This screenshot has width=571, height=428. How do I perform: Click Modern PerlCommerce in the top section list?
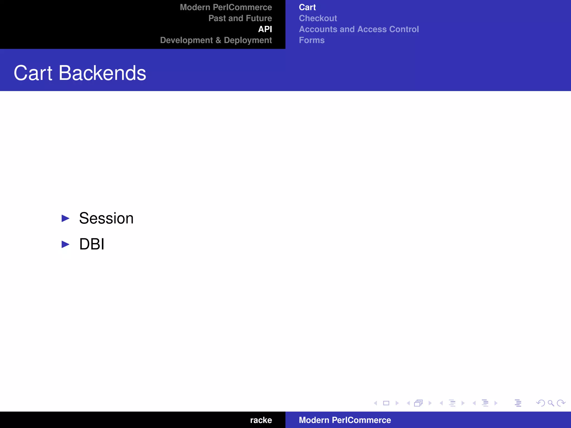click(226, 7)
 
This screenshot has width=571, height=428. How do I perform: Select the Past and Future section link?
click(240, 18)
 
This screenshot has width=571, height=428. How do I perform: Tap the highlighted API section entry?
click(265, 29)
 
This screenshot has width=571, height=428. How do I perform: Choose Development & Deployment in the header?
click(216, 40)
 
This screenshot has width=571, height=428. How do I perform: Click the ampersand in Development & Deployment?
click(218, 40)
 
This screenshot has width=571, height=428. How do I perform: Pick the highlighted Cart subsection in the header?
click(307, 7)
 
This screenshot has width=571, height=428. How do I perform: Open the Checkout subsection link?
click(318, 18)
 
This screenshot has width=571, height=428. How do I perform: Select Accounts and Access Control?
click(359, 29)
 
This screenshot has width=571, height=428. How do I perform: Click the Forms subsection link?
click(312, 40)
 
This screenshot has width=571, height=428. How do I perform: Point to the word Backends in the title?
click(102, 73)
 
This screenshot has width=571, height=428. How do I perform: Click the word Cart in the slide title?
click(33, 73)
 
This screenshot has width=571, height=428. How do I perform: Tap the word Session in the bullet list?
click(106, 218)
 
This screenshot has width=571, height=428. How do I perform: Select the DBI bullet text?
click(92, 244)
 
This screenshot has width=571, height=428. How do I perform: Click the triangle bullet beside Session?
click(65, 218)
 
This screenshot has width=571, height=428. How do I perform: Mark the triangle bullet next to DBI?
click(65, 244)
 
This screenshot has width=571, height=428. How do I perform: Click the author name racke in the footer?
click(261, 420)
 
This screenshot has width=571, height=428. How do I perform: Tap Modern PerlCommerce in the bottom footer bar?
click(345, 420)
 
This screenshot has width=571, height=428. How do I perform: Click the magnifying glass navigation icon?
click(551, 403)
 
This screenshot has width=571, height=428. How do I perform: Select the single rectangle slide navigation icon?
click(386, 403)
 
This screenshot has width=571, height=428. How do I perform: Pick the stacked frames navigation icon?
click(418, 403)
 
